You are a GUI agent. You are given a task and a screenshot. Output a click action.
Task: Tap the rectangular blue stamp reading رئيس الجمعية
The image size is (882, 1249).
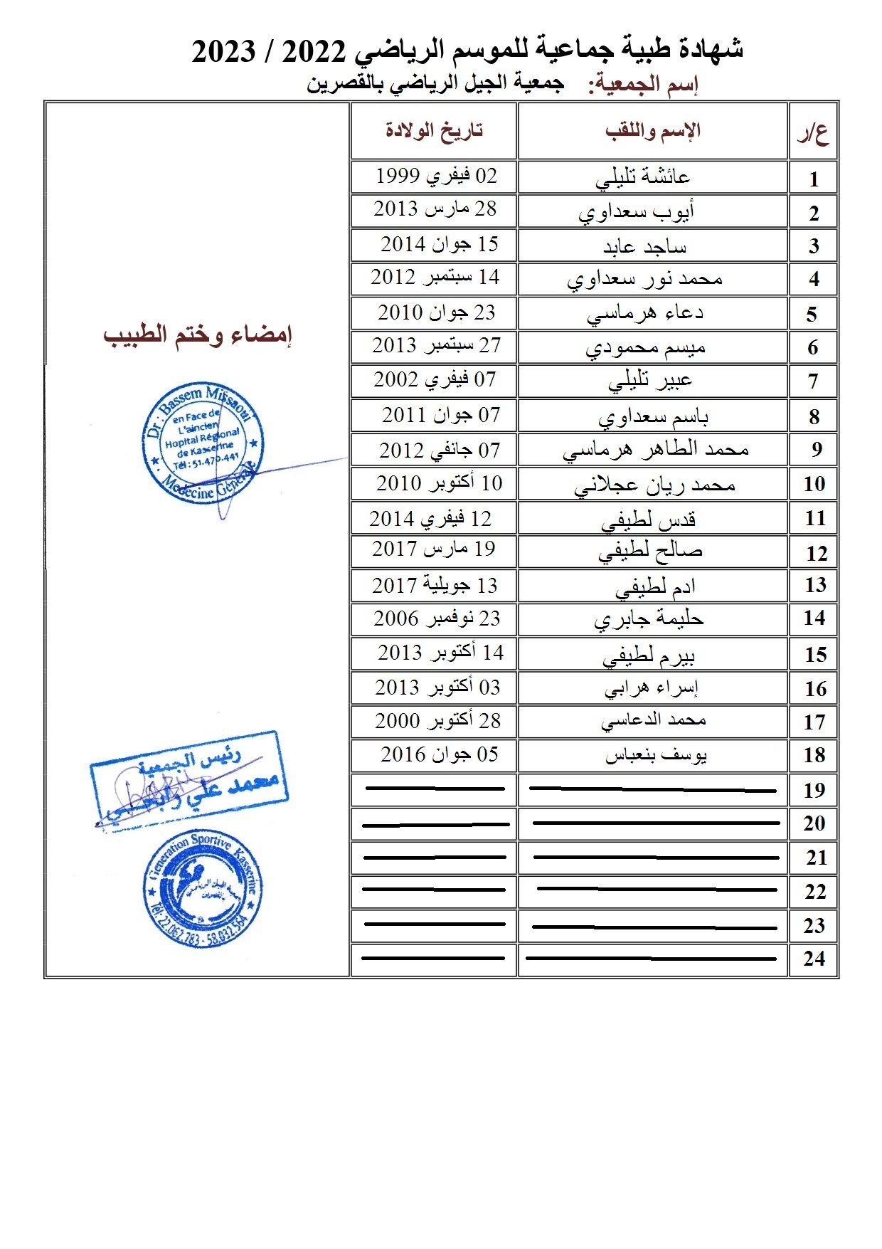tap(188, 779)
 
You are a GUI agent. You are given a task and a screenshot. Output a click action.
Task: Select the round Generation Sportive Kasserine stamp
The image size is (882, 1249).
tap(203, 890)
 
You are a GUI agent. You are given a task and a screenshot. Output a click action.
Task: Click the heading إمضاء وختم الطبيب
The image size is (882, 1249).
tap(198, 334)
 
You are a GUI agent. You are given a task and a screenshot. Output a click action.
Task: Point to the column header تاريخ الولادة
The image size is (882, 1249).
tap(434, 130)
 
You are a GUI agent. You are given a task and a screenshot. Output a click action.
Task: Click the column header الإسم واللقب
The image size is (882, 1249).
tap(653, 130)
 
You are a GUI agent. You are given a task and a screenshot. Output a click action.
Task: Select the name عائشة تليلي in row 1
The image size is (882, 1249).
tap(643, 177)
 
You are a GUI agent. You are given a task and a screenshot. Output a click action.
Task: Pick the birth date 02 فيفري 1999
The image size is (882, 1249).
tap(436, 176)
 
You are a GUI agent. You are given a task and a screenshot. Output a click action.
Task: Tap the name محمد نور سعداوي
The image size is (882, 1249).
tap(644, 279)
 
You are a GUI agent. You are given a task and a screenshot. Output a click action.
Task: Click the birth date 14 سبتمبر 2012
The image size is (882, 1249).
tap(435, 278)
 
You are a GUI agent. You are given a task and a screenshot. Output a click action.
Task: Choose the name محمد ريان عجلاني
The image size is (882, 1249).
tap(654, 485)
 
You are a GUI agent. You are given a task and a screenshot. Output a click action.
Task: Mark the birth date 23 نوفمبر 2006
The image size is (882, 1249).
tap(437, 618)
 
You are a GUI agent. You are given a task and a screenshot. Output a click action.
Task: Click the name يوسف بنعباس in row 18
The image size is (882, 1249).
tap(656, 755)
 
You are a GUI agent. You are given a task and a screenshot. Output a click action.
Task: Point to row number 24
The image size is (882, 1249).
tap(814, 959)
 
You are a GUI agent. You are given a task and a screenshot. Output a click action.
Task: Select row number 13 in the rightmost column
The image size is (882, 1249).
tap(815, 586)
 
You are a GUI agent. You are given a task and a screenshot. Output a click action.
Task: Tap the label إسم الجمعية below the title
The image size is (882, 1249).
tap(643, 85)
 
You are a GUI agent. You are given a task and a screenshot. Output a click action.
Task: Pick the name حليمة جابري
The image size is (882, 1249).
tap(649, 619)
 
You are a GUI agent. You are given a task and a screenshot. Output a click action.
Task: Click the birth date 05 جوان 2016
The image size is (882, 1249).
tap(439, 754)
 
